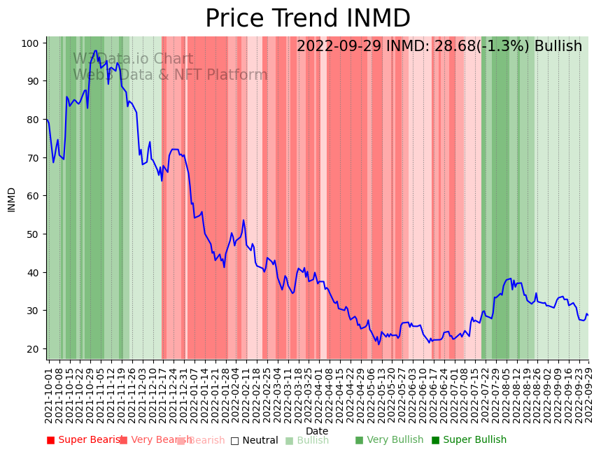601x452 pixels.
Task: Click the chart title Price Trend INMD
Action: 307,19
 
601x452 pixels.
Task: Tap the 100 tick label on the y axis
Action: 29,43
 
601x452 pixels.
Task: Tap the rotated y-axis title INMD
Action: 12,199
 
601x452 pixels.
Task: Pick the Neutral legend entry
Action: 254,440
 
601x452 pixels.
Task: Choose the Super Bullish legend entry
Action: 469,440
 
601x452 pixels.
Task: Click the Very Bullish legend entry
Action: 389,440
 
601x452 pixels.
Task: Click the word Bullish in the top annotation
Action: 558,47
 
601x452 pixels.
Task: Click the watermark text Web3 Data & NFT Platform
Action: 170,75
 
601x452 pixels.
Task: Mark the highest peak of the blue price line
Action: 96,50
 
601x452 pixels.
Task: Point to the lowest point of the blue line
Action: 379,344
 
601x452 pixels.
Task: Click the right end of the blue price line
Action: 588,315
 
